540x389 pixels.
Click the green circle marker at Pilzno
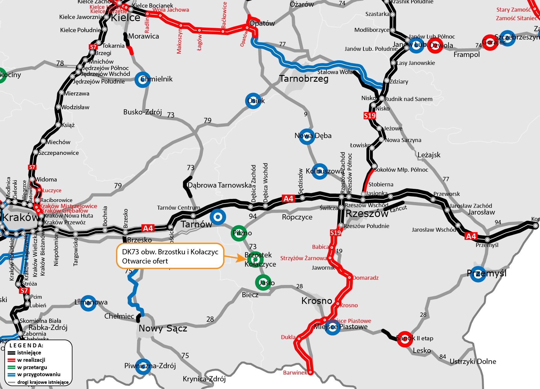[x=239, y=233]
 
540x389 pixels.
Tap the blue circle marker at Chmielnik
[x=143, y=80]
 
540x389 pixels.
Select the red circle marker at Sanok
[x=405, y=339]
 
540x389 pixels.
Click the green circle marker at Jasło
[x=263, y=282]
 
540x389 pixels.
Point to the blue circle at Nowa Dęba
[x=306, y=137]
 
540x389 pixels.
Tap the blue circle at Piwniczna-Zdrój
[x=143, y=367]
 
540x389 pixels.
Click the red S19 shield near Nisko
[x=369, y=116]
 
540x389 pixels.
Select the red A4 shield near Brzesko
[x=148, y=228]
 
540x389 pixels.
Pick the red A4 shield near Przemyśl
[x=471, y=236]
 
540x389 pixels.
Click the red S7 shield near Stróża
[x=24, y=290]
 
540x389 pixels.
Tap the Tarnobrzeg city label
[x=304, y=79]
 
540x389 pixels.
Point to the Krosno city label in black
[x=317, y=301]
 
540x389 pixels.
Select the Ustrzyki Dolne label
[x=473, y=361]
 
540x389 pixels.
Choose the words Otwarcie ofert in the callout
[x=145, y=261]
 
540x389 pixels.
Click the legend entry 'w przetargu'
[x=32, y=367]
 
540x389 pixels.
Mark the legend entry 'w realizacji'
[x=31, y=360]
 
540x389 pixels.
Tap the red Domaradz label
[x=366, y=278]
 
